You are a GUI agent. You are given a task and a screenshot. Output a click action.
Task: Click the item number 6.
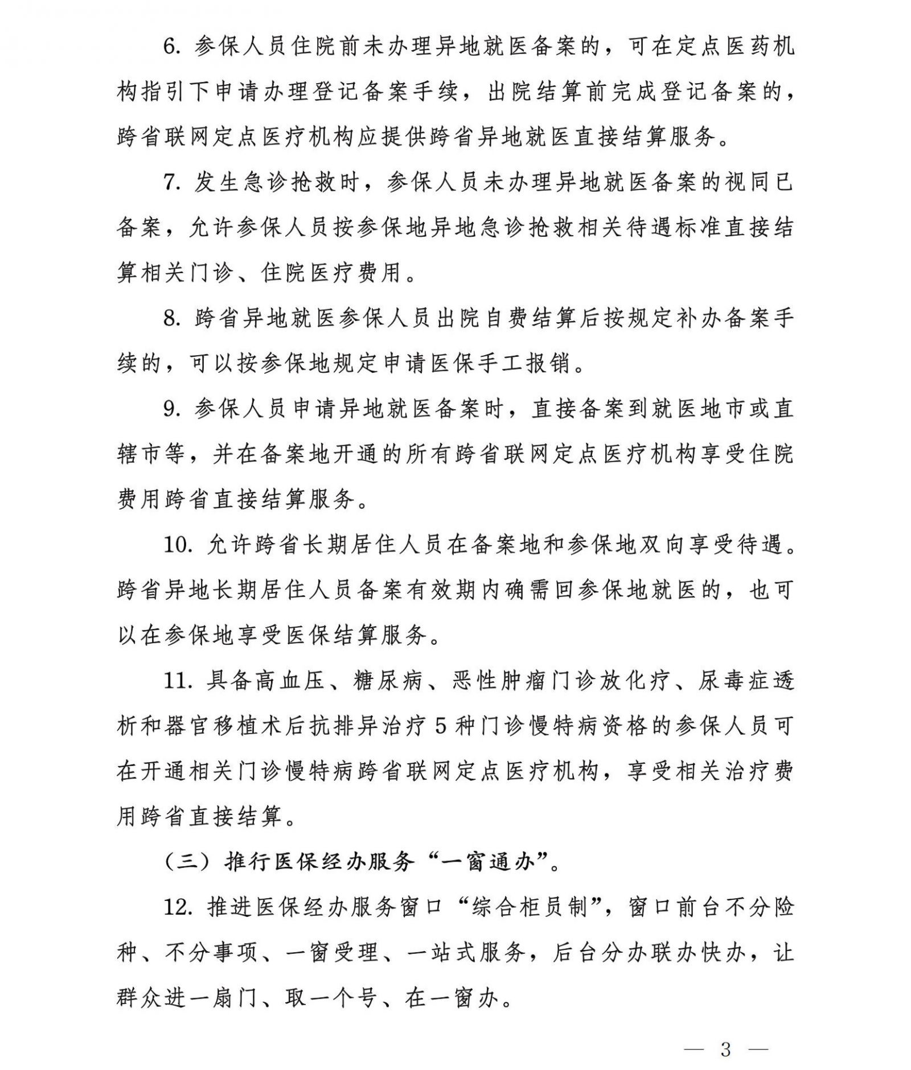click(x=171, y=46)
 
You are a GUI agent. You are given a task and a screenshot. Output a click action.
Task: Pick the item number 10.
click(x=179, y=545)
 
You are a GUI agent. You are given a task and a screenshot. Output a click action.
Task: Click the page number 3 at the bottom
click(x=725, y=1034)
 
